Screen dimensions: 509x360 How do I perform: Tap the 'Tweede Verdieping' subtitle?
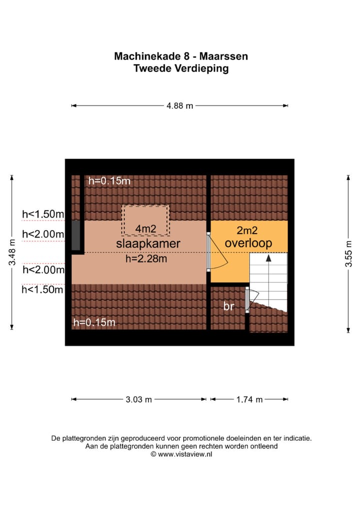pos(180,69)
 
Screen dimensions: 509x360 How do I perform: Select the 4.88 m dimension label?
pos(179,105)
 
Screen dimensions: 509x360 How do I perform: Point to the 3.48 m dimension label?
pos(12,252)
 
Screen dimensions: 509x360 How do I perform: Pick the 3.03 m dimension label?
pos(138,399)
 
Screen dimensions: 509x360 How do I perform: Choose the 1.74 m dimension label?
pos(249,399)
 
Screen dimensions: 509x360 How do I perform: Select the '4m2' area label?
pos(145,229)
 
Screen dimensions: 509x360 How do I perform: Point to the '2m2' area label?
pos(247,230)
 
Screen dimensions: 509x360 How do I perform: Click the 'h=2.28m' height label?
pos(145,259)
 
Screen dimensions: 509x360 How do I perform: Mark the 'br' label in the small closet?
pos(228,306)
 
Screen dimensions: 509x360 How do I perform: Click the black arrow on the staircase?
pos(268,259)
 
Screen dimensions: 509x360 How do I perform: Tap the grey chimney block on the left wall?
pos(75,235)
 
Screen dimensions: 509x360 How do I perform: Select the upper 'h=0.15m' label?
pos(109,181)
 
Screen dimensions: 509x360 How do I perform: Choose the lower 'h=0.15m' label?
pos(94,322)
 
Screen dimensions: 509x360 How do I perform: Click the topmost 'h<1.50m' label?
pos(43,214)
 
